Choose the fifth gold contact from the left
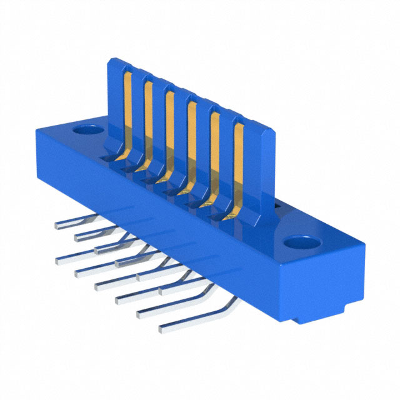[214, 153]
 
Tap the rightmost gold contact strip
[238, 166]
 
